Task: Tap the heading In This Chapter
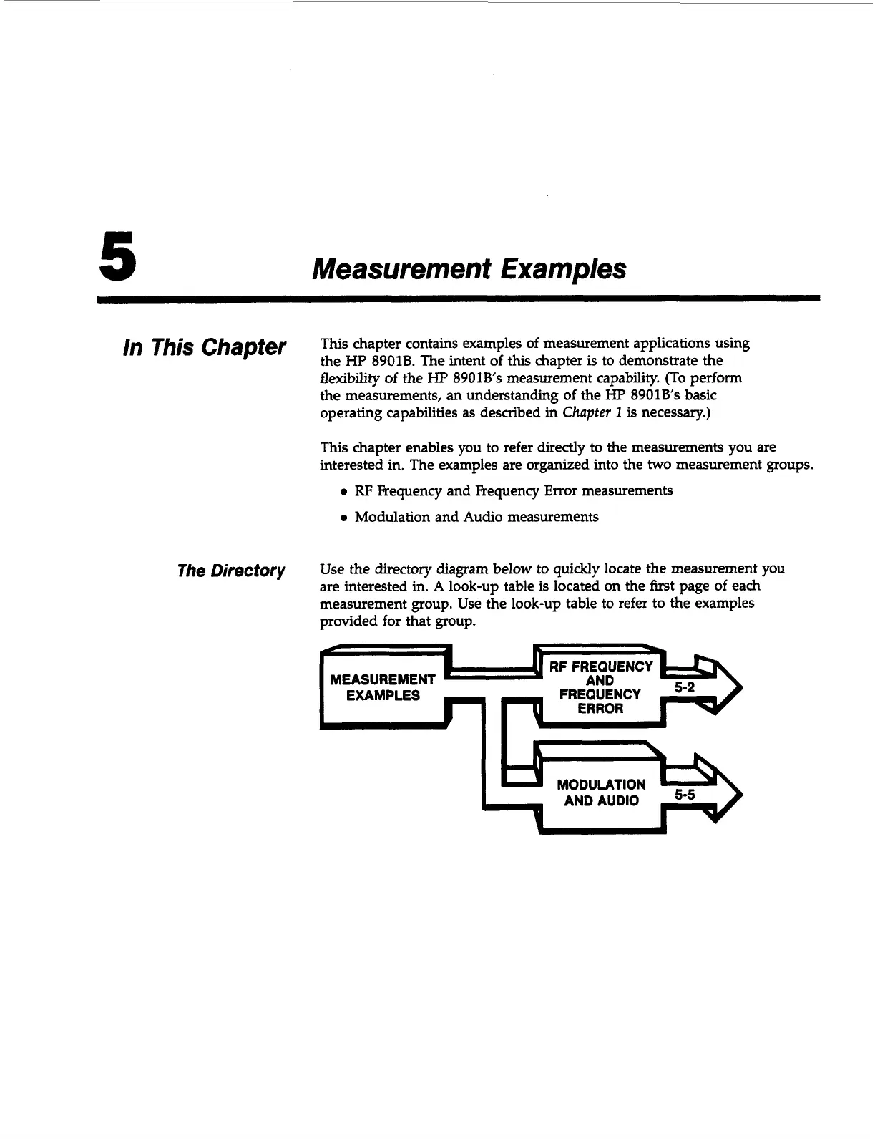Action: (205, 348)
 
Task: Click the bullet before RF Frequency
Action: (344, 492)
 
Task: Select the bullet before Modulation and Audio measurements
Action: (344, 518)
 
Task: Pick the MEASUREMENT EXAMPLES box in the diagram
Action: (383, 687)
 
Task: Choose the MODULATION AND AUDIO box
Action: (601, 793)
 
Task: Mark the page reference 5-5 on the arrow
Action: (684, 795)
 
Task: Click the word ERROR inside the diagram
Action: (600, 709)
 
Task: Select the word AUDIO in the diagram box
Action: (617, 800)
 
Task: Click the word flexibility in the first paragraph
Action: (345, 377)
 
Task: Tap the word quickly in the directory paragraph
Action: (577, 569)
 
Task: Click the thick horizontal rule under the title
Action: (458, 298)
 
